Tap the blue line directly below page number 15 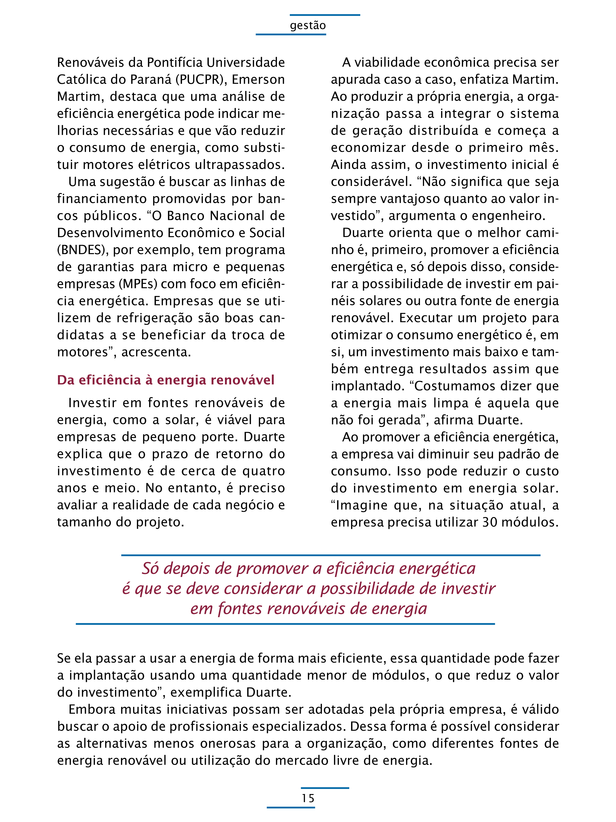[x=291, y=807]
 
